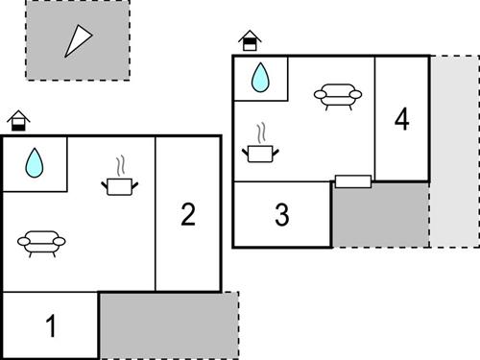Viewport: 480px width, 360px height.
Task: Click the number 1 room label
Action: pyautogui.click(x=51, y=325)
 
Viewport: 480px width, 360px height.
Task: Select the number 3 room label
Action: pyautogui.click(x=281, y=215)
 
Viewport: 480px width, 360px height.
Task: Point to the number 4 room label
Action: pyautogui.click(x=401, y=120)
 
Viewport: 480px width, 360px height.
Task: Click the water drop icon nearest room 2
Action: pyautogui.click(x=35, y=162)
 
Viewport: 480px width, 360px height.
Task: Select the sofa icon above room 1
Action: pyautogui.click(x=40, y=243)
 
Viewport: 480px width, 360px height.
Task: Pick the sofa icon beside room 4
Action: pyautogui.click(x=338, y=95)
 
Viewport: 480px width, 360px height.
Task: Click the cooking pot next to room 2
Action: pyautogui.click(x=120, y=184)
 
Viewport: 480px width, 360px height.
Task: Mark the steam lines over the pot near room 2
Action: pyautogui.click(x=120, y=164)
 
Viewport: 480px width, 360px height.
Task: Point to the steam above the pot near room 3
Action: pyautogui.click(x=260, y=132)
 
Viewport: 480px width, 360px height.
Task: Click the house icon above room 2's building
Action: pyautogui.click(x=17, y=121)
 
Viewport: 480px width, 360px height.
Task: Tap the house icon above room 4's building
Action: pyautogui.click(x=250, y=41)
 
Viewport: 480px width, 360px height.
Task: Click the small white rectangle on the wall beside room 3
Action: pyautogui.click(x=352, y=181)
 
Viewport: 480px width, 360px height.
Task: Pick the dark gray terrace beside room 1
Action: pyautogui.click(x=168, y=324)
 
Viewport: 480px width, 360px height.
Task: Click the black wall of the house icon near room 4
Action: pyautogui.click(x=250, y=45)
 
